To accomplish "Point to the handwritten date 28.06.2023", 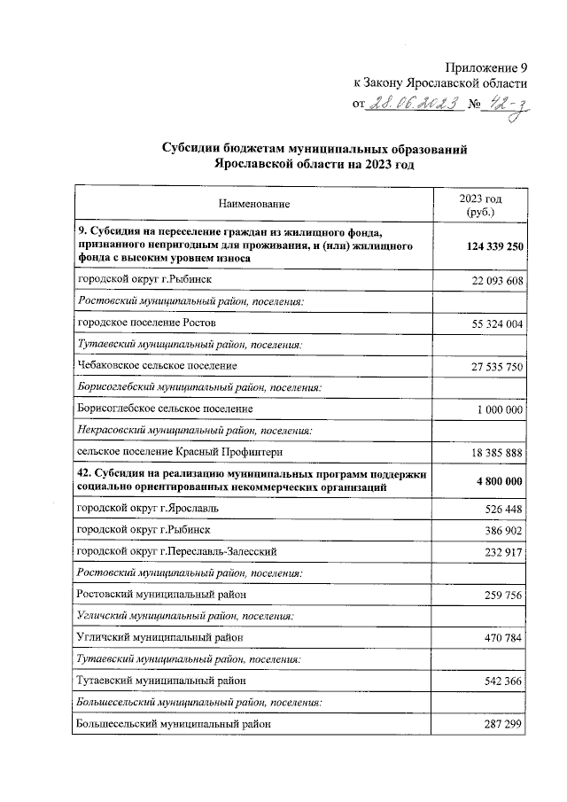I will (416, 104).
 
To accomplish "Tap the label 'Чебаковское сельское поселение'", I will (158, 365).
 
